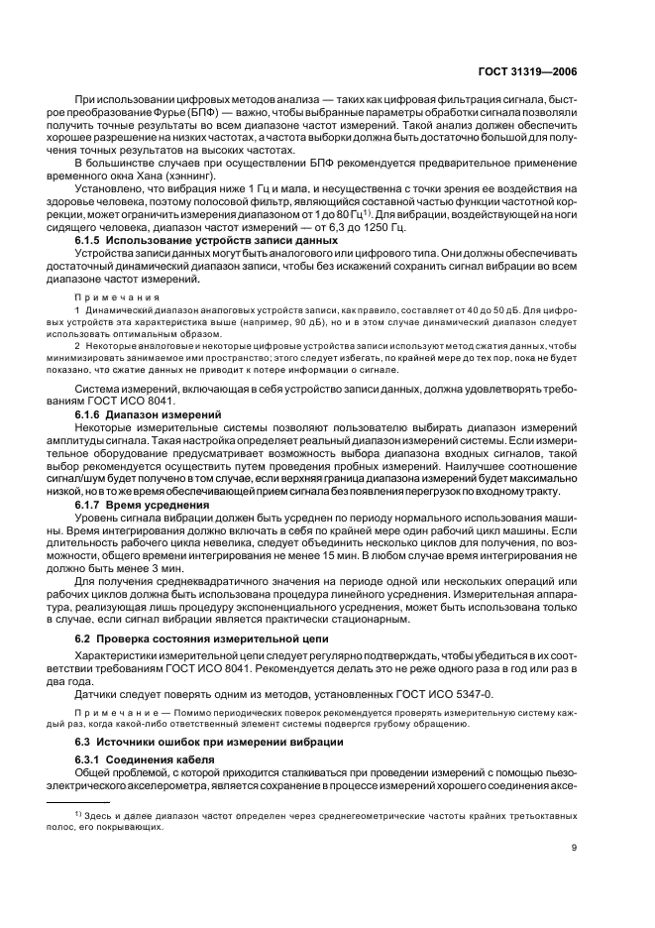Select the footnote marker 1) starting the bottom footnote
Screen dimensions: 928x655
coord(78,812)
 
